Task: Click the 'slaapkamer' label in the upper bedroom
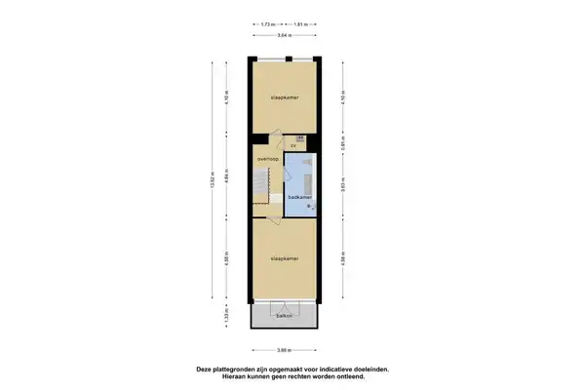pos(284,98)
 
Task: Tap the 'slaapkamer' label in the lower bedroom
pos(284,258)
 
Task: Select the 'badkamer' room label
pos(300,196)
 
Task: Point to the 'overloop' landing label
pos(268,157)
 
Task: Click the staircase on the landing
pos(261,183)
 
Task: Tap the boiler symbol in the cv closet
pos(300,139)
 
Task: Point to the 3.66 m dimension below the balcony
pos(284,349)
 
